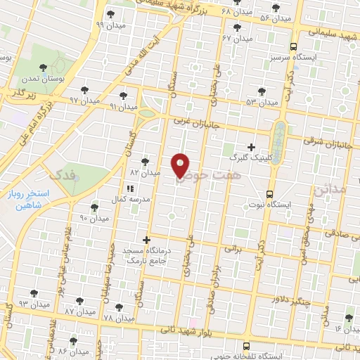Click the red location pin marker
(181, 165)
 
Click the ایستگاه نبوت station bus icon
(269, 195)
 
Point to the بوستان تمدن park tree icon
(44, 67)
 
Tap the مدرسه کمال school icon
(130, 189)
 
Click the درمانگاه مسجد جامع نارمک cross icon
(146, 240)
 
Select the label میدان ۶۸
(236, 13)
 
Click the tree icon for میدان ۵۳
(262, 91)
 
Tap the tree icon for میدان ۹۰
(94, 207)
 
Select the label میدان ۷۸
(117, 318)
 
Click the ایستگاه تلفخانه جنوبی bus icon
(246, 347)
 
